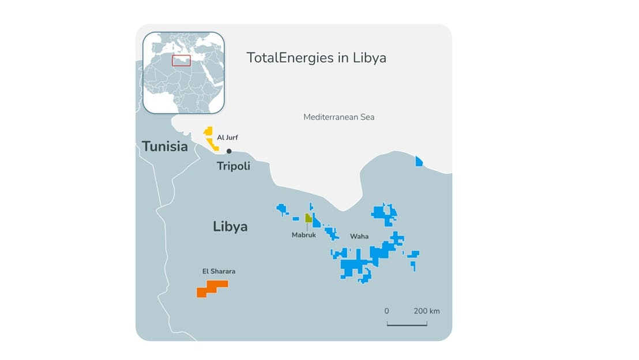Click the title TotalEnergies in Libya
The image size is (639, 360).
(316, 58)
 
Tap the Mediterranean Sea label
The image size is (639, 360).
(339, 117)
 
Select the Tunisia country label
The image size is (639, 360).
(165, 147)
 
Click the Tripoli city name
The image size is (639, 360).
(233, 166)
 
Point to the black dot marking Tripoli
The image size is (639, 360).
(229, 151)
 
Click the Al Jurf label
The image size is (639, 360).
(227, 137)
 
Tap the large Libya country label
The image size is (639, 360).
(230, 226)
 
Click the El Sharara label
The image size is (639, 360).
(219, 271)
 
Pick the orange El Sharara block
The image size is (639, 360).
(212, 288)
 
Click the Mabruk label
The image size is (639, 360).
(303, 235)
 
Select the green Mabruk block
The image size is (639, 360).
(309, 219)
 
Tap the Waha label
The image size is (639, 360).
(359, 237)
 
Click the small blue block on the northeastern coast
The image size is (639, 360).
(419, 162)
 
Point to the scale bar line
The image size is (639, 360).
(407, 325)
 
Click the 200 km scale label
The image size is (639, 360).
(427, 311)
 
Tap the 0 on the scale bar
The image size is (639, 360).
(386, 311)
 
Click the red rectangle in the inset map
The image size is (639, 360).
(181, 61)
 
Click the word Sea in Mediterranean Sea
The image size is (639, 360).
(367, 117)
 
